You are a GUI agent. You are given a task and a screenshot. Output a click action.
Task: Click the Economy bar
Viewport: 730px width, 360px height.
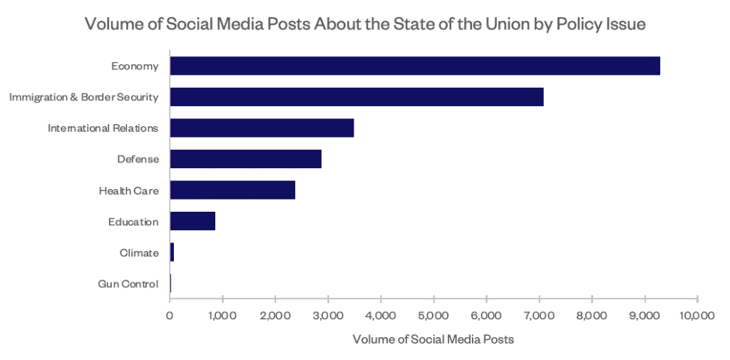point(415,66)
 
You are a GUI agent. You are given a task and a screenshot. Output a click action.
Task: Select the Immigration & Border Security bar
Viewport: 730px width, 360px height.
point(356,96)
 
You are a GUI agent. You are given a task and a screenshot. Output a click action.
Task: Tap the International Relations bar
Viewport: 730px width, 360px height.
point(262,128)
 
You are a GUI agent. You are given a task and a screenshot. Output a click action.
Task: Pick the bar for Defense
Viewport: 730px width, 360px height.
point(245,158)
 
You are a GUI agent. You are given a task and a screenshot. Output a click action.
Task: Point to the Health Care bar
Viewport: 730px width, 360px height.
point(232,190)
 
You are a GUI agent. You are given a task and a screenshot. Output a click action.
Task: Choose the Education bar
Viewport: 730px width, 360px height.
point(192,221)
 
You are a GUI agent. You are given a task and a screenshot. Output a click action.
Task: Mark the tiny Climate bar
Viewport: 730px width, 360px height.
point(172,252)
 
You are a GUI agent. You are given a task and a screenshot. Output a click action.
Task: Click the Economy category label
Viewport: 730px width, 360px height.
point(134,66)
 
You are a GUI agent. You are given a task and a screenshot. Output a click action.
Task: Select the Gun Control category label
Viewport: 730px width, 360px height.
point(128,284)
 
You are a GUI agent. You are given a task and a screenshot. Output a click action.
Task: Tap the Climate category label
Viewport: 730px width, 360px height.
point(138,252)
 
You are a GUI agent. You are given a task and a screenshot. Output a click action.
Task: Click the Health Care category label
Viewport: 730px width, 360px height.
point(128,190)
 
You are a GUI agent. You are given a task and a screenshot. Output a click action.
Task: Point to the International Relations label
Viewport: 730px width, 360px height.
point(103,128)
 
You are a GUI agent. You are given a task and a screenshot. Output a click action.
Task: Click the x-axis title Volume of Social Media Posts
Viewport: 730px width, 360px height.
point(433,339)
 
